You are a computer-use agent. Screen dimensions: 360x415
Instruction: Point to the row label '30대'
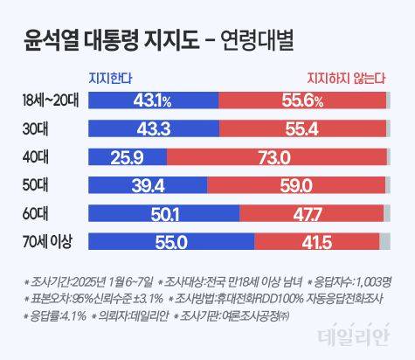(36, 128)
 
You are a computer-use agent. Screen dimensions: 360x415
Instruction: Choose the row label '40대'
(36, 157)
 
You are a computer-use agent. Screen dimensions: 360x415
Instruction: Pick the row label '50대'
(36, 185)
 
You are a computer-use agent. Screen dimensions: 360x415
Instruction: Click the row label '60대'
(36, 214)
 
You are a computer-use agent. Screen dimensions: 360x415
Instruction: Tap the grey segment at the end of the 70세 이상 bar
(385, 242)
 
